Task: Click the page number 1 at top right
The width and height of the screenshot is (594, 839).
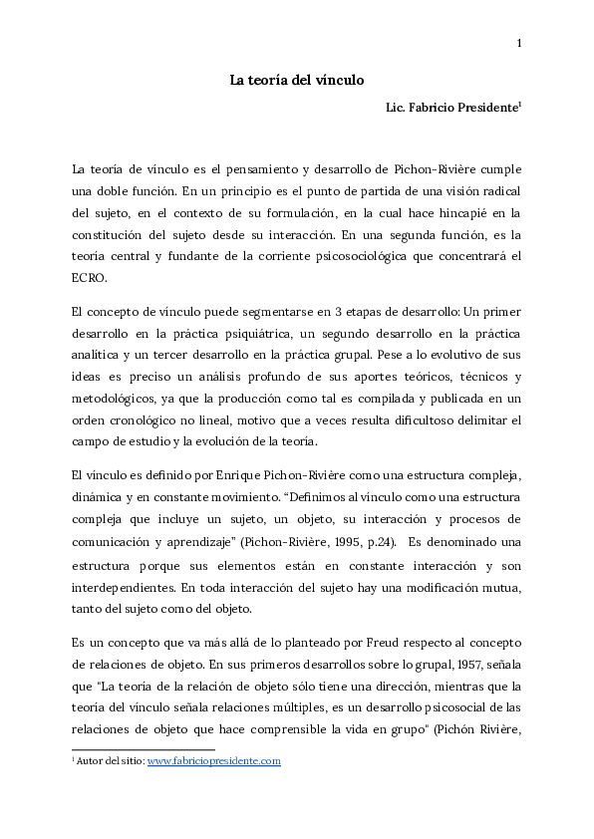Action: coord(519,43)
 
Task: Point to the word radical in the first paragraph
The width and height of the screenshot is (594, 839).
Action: coord(496,191)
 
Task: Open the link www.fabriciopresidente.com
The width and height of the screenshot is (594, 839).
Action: coord(214,761)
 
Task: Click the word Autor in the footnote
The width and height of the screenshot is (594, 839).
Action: coord(93,761)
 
